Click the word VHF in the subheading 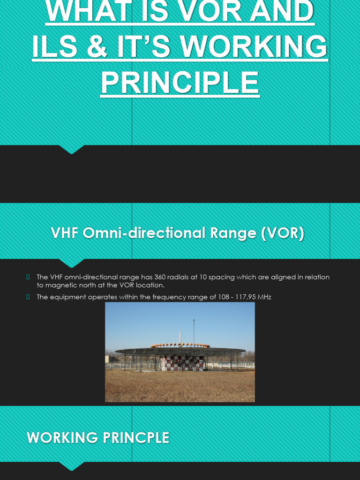pyautogui.click(x=65, y=233)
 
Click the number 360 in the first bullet pyautogui.click(x=161, y=277)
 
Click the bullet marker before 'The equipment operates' pyautogui.click(x=29, y=297)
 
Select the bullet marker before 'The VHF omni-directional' pyautogui.click(x=29, y=277)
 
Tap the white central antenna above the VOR pyautogui.click(x=180, y=337)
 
